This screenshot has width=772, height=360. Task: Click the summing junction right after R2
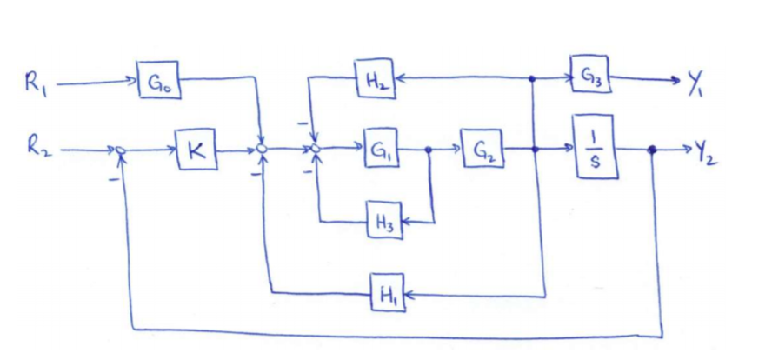click(x=123, y=150)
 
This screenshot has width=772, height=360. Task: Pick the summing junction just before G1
click(x=316, y=150)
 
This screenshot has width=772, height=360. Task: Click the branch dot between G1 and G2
click(x=429, y=150)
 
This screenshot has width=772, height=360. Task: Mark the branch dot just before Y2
click(x=652, y=150)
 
